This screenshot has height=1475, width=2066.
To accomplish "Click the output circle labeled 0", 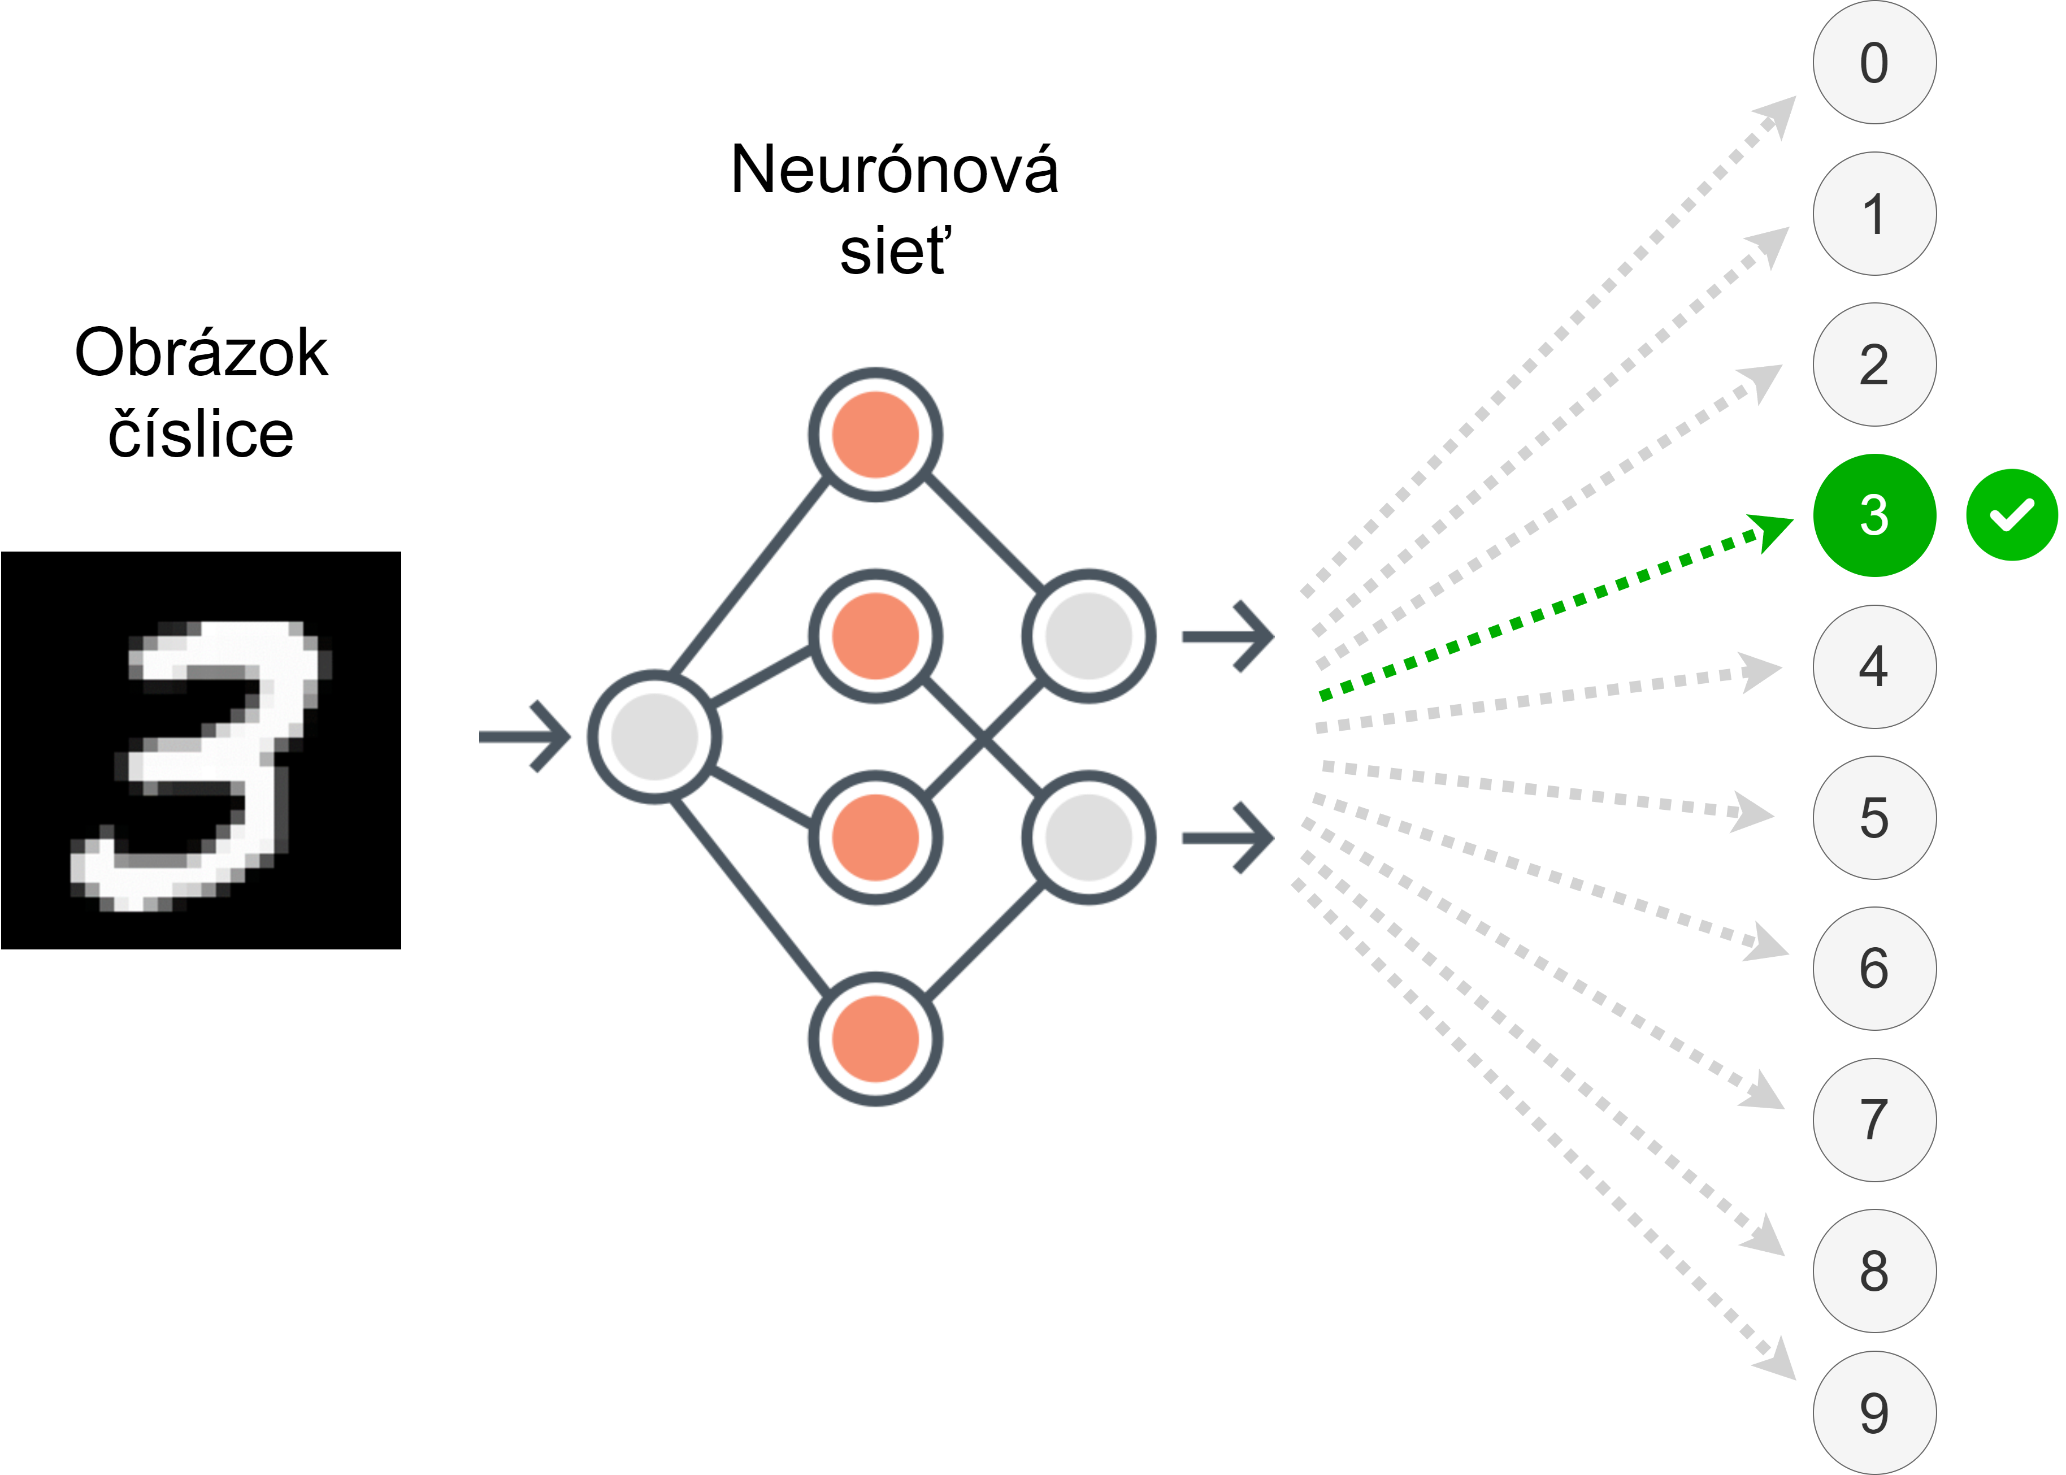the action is point(1874,63).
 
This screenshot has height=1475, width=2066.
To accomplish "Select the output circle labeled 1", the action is point(1874,214).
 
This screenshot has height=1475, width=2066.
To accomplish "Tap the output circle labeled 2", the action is point(1874,364).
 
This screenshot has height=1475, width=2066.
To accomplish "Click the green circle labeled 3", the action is point(1874,515).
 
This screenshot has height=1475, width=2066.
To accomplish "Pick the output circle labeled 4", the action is point(1874,667).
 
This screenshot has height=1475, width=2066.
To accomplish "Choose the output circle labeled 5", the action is point(1874,817).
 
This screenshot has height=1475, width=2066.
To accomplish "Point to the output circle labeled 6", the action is point(1874,968).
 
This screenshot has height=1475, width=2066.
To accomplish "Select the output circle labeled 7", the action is point(1874,1120).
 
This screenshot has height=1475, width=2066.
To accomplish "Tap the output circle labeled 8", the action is point(1874,1270).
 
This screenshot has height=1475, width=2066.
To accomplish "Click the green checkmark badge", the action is point(2012,515).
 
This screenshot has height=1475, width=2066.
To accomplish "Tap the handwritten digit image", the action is point(201,750).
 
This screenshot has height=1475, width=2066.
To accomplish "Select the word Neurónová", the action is point(895,170).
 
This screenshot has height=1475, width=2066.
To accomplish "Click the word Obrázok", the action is point(201,353).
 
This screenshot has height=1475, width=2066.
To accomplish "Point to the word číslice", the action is point(201,433).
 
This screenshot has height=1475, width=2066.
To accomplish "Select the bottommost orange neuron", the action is point(875,1039).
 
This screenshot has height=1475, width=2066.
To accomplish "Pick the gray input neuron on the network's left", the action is point(655,736).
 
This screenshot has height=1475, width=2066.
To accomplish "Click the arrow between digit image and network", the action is point(525,736).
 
